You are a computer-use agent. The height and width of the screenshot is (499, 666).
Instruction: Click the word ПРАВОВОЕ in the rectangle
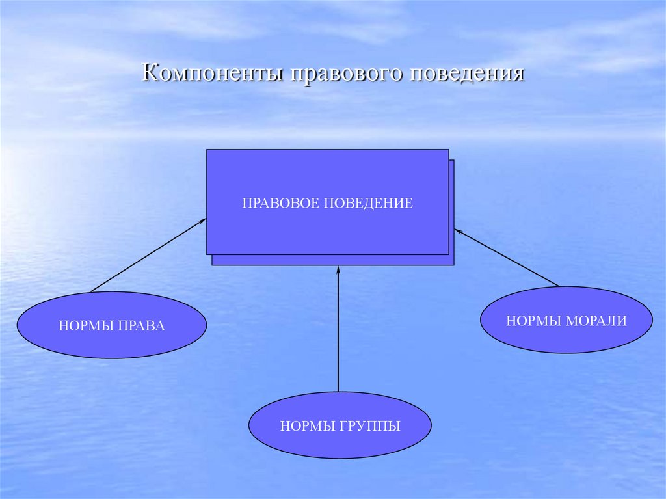tap(281, 204)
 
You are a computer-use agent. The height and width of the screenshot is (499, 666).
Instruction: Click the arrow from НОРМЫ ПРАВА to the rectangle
tap(148, 255)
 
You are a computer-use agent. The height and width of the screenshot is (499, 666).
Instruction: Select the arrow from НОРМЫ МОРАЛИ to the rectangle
tap(506, 257)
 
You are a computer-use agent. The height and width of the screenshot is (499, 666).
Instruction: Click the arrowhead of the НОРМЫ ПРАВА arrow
tap(202, 221)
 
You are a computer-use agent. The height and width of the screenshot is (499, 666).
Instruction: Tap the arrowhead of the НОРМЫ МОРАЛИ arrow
tap(457, 230)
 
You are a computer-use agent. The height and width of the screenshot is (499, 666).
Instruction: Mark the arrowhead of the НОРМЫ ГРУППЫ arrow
tap(338, 269)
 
